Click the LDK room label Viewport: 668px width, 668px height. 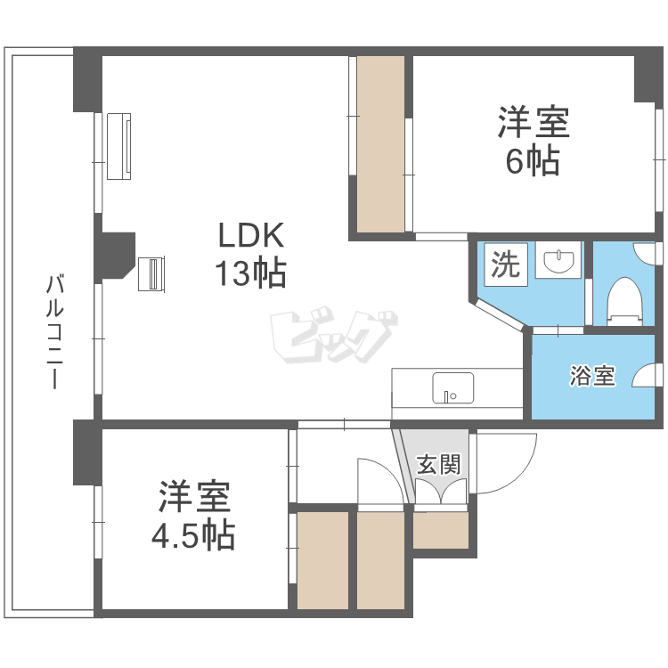point(251,236)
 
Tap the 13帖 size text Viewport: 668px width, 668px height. point(250,273)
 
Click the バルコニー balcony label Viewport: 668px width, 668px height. point(55,332)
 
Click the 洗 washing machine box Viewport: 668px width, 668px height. point(506,265)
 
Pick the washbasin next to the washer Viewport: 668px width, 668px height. point(558,261)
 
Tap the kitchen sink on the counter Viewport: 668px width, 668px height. point(452,388)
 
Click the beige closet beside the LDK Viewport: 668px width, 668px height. point(380,144)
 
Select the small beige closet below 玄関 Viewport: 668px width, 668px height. point(441,530)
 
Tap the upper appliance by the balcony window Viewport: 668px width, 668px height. point(118,146)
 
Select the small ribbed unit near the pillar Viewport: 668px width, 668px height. point(151,274)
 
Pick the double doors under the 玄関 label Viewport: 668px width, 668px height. point(441,491)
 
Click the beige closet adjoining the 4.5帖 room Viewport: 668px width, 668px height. point(322,560)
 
